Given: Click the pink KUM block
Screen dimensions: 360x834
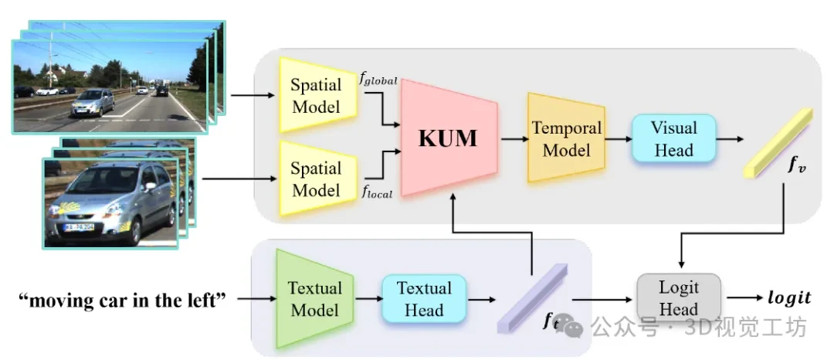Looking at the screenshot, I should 448,139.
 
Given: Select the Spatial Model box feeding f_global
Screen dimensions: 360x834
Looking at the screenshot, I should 315,97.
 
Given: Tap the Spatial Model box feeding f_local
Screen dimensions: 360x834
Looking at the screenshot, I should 315,178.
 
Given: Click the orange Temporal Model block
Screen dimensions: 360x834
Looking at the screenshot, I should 565,139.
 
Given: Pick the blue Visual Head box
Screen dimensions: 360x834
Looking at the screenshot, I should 673,139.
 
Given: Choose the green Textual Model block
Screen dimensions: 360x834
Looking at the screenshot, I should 314,299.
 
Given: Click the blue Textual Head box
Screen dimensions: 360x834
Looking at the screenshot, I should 424,299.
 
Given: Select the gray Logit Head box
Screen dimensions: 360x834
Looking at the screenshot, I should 678,298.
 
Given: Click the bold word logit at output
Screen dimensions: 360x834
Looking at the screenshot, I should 788,298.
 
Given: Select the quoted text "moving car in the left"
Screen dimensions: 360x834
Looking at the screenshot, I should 122,298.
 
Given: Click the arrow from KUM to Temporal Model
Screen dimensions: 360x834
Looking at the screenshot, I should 511,140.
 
